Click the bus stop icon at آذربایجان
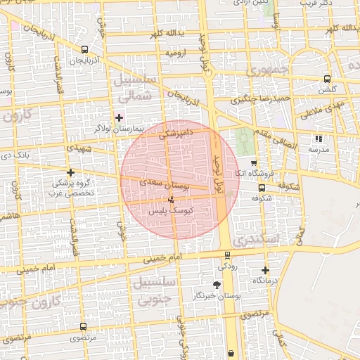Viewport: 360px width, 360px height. click(85, 50)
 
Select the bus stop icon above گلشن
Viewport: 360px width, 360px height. click(327, 79)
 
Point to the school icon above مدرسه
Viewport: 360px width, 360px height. click(319, 139)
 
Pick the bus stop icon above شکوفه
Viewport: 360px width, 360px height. click(262, 188)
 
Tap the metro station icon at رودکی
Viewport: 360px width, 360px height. click(226, 256)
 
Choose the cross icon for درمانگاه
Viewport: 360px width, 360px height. click(265, 270)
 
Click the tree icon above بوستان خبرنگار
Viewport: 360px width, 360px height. click(217, 285)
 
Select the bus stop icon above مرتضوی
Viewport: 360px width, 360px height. click(84, 327)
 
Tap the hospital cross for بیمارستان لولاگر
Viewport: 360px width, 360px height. click(119, 117)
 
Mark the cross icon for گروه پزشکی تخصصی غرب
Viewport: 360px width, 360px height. click(70, 172)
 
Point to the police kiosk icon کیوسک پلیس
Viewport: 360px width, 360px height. click(172, 200)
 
